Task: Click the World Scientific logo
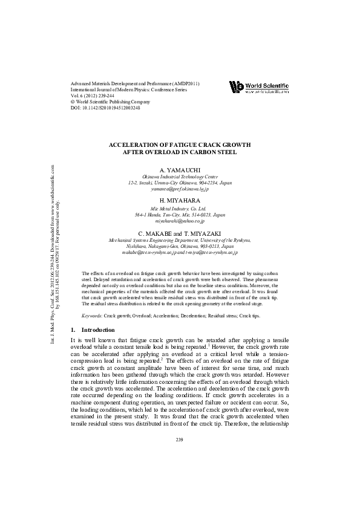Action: tap(258, 87)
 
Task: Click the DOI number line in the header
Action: tap(105, 108)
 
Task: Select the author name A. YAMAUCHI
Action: tap(180, 170)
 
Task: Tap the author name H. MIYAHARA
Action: tap(180, 201)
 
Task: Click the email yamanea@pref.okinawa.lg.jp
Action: tap(180, 189)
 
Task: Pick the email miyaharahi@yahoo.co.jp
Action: tap(180, 221)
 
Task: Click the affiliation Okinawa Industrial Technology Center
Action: tap(180, 177)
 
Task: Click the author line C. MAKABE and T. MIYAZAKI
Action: tap(180, 233)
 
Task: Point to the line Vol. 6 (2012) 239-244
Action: tap(95, 96)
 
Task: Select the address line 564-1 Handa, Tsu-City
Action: tap(180, 215)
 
